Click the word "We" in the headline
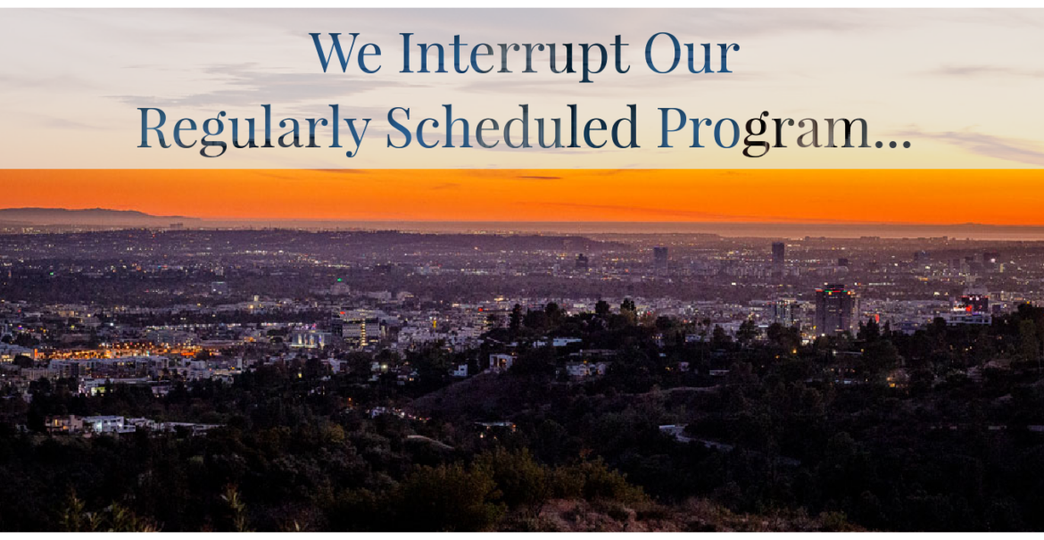click(345, 53)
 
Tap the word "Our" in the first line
click(692, 54)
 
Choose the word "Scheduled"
click(513, 126)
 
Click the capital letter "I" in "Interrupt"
click(409, 54)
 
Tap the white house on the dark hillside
click(501, 361)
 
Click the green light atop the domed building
click(341, 282)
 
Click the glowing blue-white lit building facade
click(310, 338)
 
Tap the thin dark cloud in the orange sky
click(538, 177)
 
